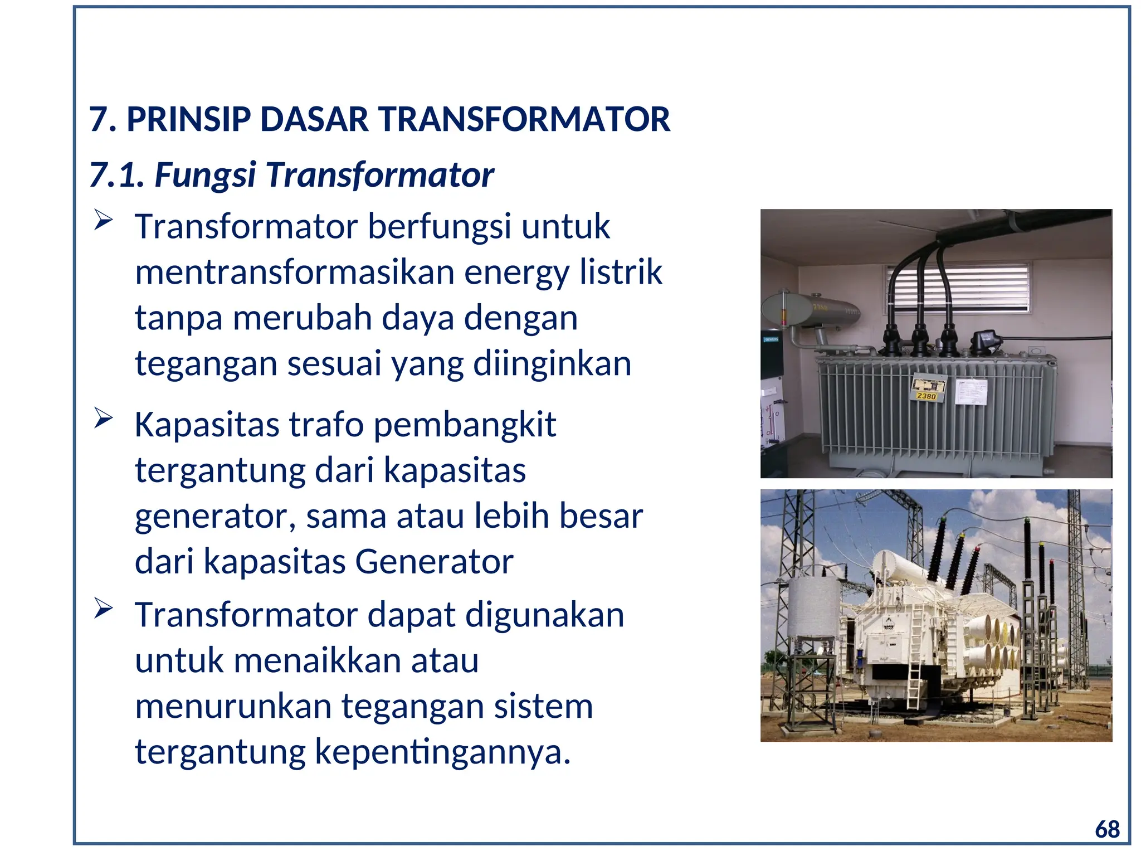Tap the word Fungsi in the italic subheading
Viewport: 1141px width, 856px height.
point(205,175)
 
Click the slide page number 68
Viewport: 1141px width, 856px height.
point(1106,830)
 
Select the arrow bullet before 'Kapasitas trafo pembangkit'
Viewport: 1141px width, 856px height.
point(103,418)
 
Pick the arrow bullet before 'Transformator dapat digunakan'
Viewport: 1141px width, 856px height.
point(103,608)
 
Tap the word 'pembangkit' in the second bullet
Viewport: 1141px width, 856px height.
point(464,425)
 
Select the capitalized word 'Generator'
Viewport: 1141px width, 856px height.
point(434,562)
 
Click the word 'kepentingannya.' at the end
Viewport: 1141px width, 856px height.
point(443,752)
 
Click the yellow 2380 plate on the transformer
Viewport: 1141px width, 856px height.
point(926,396)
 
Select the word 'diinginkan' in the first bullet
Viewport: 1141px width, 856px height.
point(552,364)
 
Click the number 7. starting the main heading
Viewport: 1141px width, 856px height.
point(103,119)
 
